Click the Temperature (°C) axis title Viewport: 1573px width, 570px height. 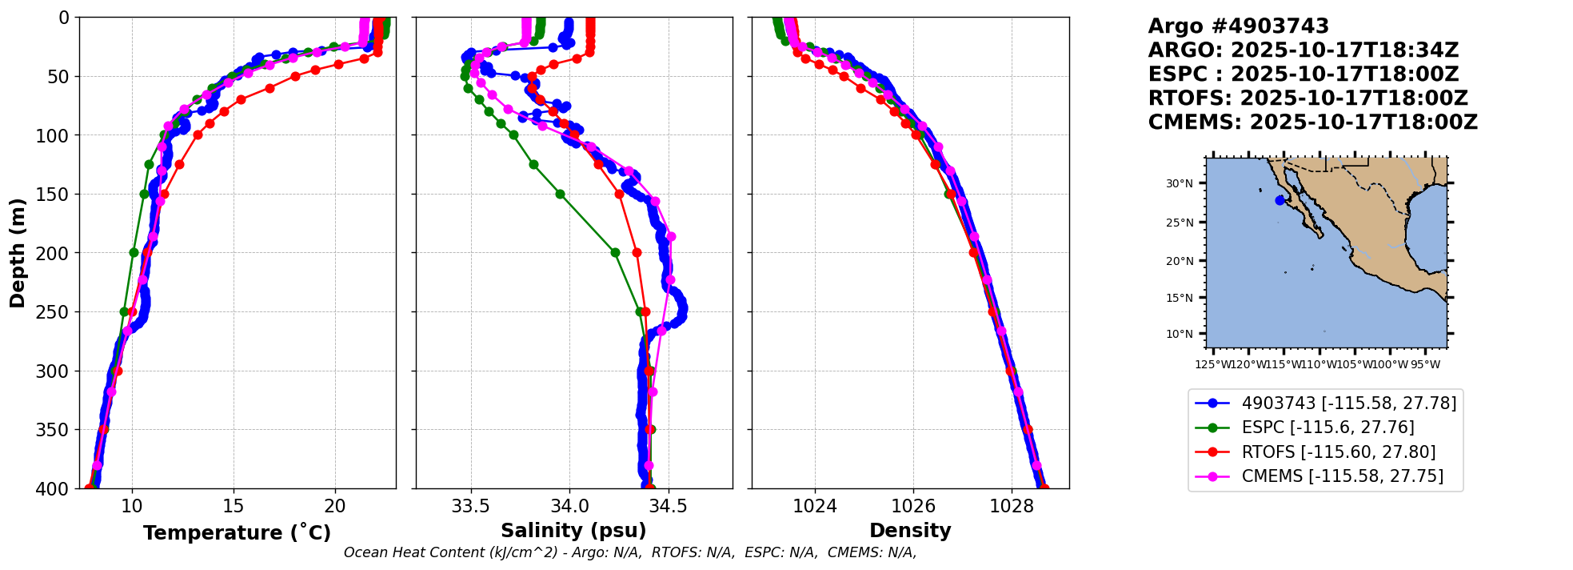click(237, 533)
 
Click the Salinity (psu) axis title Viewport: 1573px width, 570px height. click(573, 531)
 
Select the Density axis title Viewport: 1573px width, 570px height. click(910, 531)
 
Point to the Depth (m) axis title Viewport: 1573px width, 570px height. click(18, 253)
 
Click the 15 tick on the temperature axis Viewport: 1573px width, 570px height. click(234, 506)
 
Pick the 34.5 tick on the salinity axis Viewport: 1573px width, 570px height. click(668, 506)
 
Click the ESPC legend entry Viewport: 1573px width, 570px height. click(1327, 427)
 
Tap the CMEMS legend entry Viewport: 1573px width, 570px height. click(1342, 476)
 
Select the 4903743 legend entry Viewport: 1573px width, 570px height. click(1348, 403)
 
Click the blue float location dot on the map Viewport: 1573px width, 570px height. click(1280, 200)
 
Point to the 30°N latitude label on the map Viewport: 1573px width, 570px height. click(1179, 183)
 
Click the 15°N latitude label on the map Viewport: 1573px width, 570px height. click(1179, 298)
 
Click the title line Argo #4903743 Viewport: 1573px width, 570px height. click(1238, 26)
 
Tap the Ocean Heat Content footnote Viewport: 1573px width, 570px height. click(629, 552)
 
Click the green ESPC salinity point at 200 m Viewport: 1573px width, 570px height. click(615, 252)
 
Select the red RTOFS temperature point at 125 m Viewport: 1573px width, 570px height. click(179, 164)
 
